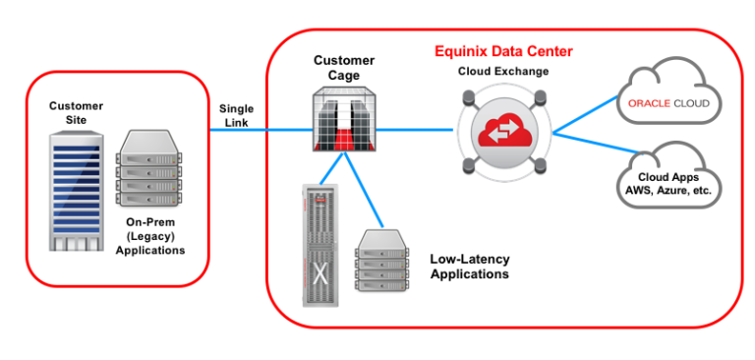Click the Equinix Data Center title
pyautogui.click(x=503, y=50)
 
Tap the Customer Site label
pyautogui.click(x=76, y=112)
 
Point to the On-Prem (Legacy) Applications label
pyautogui.click(x=151, y=236)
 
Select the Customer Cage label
pyautogui.click(x=343, y=67)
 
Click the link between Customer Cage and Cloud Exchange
pyautogui.click(x=413, y=130)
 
